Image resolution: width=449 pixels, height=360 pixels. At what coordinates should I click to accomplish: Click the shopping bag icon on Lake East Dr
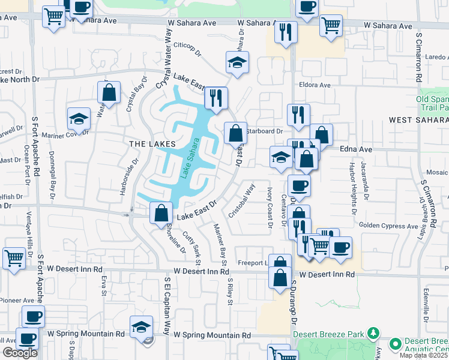coord(161,213)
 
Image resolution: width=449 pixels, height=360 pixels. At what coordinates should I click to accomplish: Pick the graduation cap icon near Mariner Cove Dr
coord(79,118)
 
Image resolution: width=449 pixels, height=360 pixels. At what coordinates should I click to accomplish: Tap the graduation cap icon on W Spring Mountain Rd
coord(141,326)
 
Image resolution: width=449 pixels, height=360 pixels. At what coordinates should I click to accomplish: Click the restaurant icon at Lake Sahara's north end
coord(215,98)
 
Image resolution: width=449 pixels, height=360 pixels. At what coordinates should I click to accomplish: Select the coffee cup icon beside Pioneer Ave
coord(33,316)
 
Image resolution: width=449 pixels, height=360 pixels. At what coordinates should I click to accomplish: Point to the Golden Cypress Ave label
coord(388,226)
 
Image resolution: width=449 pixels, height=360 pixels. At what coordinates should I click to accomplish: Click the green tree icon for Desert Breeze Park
coord(373,332)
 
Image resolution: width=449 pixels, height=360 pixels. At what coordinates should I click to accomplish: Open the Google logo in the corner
coord(20,353)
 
